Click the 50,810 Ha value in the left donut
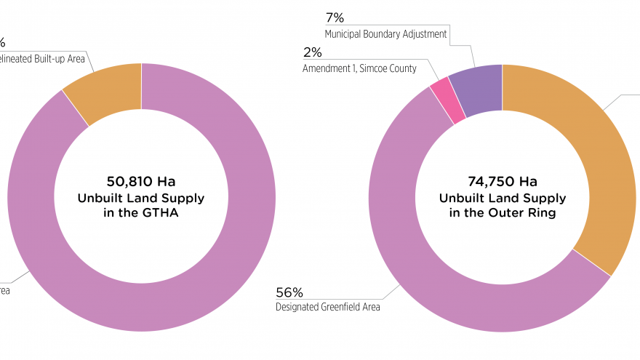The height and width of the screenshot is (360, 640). pyautogui.click(x=141, y=181)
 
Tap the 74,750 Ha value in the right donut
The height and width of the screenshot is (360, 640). pyautogui.click(x=502, y=181)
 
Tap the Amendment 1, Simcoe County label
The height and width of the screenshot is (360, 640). pyautogui.click(x=359, y=68)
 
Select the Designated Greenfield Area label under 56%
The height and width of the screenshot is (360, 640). pyautogui.click(x=327, y=307)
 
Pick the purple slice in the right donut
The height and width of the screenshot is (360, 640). pyautogui.click(x=476, y=89)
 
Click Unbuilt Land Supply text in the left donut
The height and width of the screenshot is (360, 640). pyautogui.click(x=141, y=198)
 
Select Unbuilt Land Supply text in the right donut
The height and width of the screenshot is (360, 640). pyautogui.click(x=502, y=198)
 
